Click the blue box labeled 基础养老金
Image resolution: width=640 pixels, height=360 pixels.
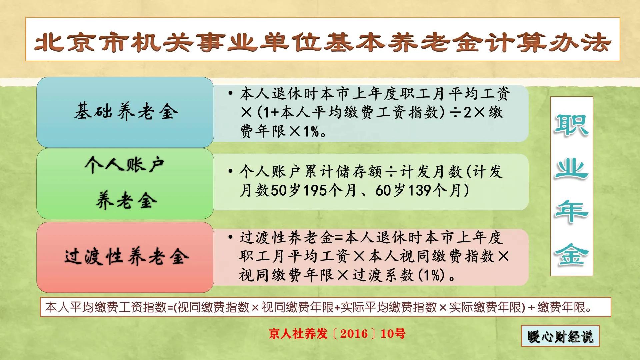point(125,112)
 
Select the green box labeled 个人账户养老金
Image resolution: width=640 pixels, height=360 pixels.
point(125,183)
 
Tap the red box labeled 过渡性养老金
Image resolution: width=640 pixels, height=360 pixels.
point(125,257)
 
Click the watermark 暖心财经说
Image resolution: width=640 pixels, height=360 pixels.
point(560,336)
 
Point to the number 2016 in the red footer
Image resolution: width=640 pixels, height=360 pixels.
point(354,334)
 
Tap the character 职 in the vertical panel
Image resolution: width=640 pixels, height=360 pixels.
point(571,125)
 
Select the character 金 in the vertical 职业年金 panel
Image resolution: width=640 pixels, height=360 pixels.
point(571,255)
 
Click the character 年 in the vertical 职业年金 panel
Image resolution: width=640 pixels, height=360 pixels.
point(571,212)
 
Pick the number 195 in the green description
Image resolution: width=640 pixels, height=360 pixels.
point(315,191)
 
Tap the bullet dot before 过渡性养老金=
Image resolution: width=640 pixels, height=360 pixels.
point(230,237)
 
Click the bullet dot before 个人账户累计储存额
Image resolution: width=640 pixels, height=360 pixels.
point(230,171)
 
